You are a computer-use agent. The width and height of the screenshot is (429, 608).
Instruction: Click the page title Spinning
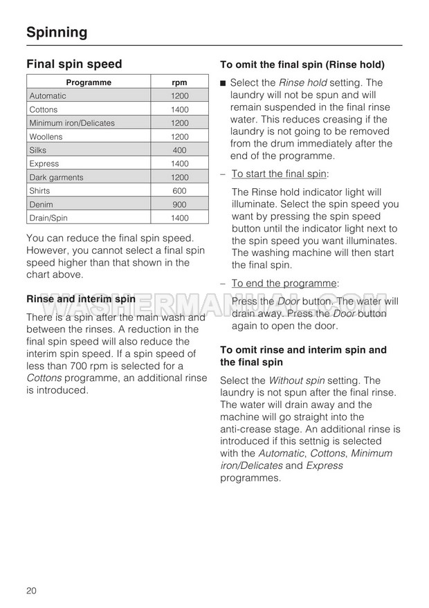pos(57,32)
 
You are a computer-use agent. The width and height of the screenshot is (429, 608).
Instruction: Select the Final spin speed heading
pos(74,64)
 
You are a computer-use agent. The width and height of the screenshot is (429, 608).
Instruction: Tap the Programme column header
pos(89,83)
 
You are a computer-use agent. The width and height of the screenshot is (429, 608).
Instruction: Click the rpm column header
pos(179,83)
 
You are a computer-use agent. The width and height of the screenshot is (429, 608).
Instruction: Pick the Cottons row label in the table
pos(44,110)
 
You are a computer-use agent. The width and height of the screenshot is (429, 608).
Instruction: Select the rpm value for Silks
pos(179,150)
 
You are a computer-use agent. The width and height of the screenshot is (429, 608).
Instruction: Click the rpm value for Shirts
pos(179,191)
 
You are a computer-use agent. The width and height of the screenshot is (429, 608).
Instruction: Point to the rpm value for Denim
pos(179,205)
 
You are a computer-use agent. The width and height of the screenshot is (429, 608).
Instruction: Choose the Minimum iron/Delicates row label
pos(72,123)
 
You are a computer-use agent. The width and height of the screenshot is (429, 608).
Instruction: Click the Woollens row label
pos(46,137)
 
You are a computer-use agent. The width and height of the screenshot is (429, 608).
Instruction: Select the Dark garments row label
pos(56,178)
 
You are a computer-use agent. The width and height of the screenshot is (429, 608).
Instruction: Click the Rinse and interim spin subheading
pos(81,300)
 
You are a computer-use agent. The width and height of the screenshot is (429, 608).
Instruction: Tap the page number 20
pos(32,590)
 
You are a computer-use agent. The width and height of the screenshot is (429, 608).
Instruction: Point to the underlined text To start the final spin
pos(280,174)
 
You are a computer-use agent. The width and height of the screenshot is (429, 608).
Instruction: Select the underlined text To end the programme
pos(284,283)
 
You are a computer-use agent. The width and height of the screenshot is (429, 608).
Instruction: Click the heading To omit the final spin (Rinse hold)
pos(302,65)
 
